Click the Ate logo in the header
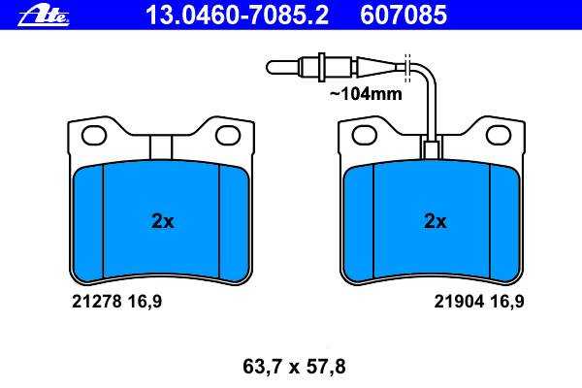pos(44,16)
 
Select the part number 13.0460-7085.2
pos(238,15)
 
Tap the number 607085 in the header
pos(404,15)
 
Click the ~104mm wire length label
pos(366,93)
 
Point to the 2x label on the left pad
pos(163,221)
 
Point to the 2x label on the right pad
pos(435,221)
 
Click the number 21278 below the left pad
pos(96,302)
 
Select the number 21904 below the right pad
pos(459,302)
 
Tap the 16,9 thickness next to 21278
pos(145,302)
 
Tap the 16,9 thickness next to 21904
pos(507,302)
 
